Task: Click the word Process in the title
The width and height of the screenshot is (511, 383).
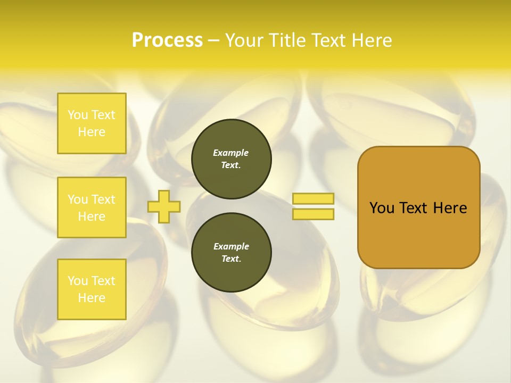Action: point(167,40)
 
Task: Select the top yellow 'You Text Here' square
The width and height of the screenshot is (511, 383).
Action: point(92,123)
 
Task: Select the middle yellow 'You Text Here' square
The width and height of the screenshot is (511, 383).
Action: point(92,207)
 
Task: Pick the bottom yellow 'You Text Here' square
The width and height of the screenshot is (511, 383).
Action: point(92,289)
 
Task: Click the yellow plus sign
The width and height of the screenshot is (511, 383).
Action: point(164,206)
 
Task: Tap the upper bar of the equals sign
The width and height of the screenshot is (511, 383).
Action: point(313,198)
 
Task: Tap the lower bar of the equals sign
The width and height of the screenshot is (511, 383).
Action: point(313,214)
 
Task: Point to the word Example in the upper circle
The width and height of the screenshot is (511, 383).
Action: point(231,153)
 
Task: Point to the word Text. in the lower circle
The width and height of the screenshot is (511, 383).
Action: point(231,259)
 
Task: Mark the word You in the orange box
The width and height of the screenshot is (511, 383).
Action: point(382,208)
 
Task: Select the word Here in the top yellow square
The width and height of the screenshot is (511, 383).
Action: point(92,132)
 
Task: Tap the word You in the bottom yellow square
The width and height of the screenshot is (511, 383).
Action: point(78,280)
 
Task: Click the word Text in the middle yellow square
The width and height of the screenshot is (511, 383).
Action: point(103,199)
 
